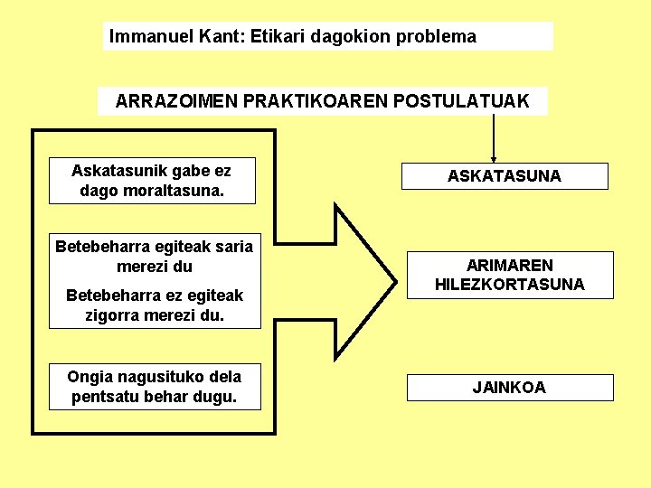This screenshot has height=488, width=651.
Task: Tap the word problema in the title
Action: tap(435, 37)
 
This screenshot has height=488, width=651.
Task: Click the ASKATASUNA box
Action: tap(505, 176)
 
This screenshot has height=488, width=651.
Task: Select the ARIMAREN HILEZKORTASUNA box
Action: tap(510, 275)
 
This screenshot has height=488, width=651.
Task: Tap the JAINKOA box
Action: tap(510, 388)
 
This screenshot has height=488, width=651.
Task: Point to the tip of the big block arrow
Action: tap(394, 281)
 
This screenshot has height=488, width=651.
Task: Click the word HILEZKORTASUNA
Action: tap(510, 285)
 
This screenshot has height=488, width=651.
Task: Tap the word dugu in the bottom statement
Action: tap(217, 396)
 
